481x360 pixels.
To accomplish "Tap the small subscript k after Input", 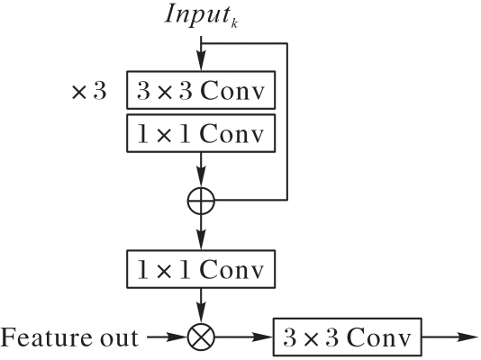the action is (234, 23).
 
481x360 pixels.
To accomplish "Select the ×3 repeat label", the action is (89, 91).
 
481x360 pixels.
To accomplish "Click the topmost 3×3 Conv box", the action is (201, 90).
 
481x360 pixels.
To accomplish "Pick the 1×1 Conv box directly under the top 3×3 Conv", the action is (201, 133).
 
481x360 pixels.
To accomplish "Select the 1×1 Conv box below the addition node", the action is (201, 269).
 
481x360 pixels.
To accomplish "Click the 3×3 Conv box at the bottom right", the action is (348, 337).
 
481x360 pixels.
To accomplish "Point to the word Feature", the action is (46, 337).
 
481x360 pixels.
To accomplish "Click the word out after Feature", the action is (118, 338).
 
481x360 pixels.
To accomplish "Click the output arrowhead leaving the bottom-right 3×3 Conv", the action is (468, 337).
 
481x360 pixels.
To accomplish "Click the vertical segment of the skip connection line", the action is (287, 121).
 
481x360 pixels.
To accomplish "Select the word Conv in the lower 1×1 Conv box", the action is (232, 270).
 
